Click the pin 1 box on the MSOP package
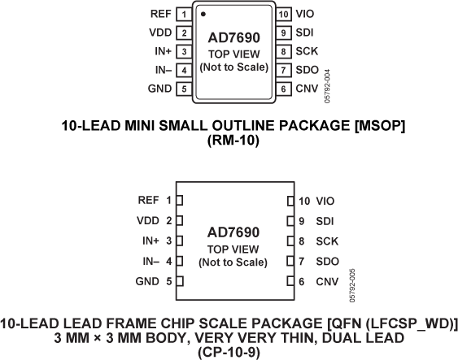click(185, 15)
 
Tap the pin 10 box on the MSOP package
click(282, 15)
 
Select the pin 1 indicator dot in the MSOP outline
click(203, 14)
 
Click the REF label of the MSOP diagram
click(160, 15)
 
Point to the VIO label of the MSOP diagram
click(306, 15)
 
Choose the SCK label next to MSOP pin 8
click(307, 51)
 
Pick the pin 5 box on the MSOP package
click(185, 88)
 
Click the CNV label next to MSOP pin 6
click(307, 88)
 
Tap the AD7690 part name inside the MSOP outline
click(233, 37)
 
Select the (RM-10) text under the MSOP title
click(233, 139)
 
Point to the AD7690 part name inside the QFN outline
click(233, 232)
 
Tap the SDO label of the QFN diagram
click(326, 261)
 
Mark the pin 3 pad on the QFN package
click(181, 241)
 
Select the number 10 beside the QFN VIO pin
click(304, 200)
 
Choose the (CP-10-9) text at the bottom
click(233, 352)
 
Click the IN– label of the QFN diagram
click(150, 261)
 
